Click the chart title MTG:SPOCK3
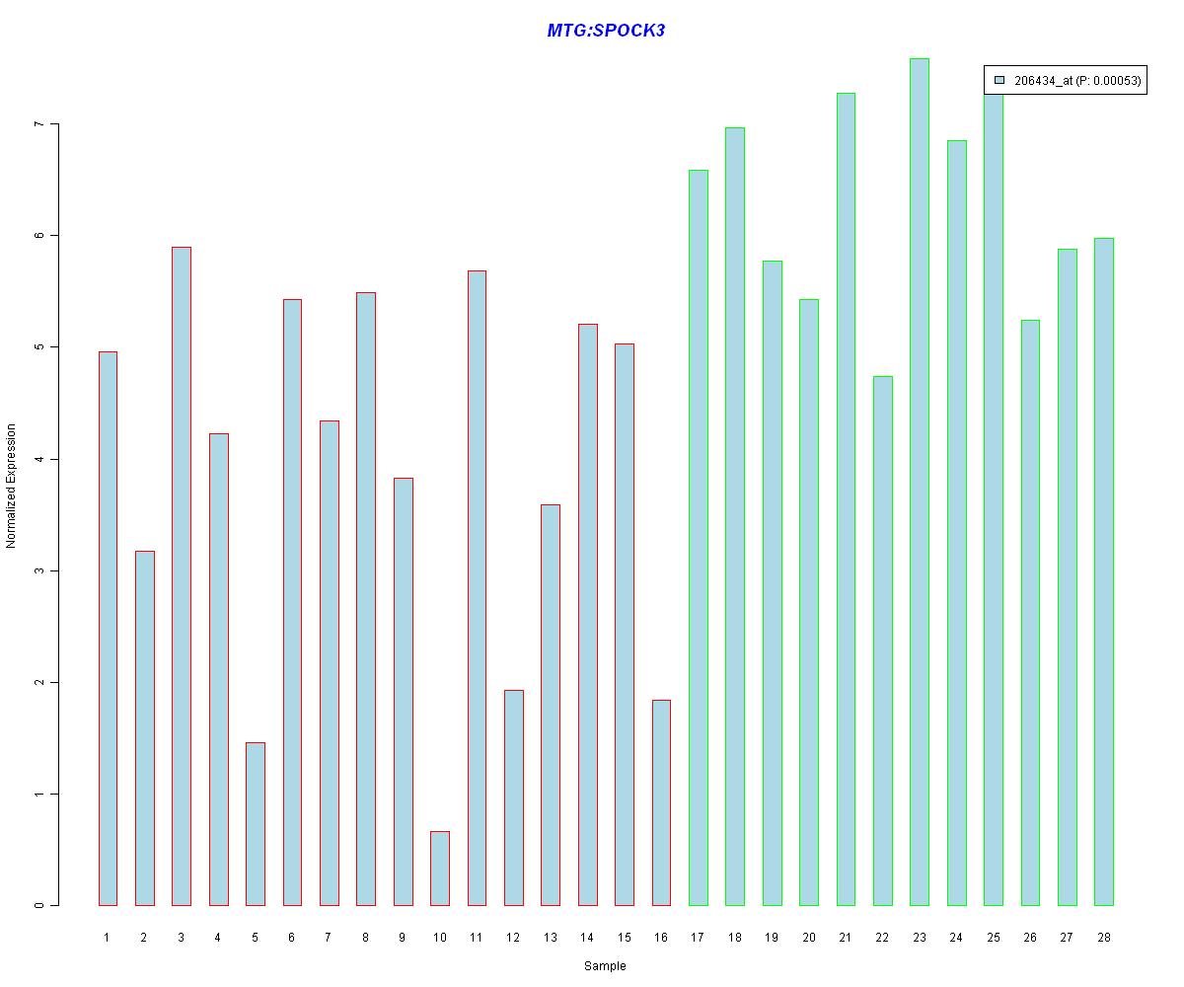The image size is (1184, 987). coord(606,31)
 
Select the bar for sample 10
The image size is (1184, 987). coord(440,869)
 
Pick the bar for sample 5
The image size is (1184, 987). coord(256,824)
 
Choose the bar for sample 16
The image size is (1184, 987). coord(661,802)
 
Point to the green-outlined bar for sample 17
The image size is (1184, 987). coord(698,538)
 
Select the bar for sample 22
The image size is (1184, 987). coord(883,641)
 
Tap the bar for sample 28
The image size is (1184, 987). coord(1104,571)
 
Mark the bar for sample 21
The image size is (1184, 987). coord(846,499)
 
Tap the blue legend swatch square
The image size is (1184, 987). coord(999,81)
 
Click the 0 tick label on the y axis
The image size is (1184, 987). coord(40,905)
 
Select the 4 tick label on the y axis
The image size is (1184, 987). coord(40,459)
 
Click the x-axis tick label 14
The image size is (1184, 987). coord(587,937)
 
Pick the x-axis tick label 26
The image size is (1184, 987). coord(1030,937)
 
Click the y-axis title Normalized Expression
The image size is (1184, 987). coord(12,486)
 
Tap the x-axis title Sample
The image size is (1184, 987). coord(605,966)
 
